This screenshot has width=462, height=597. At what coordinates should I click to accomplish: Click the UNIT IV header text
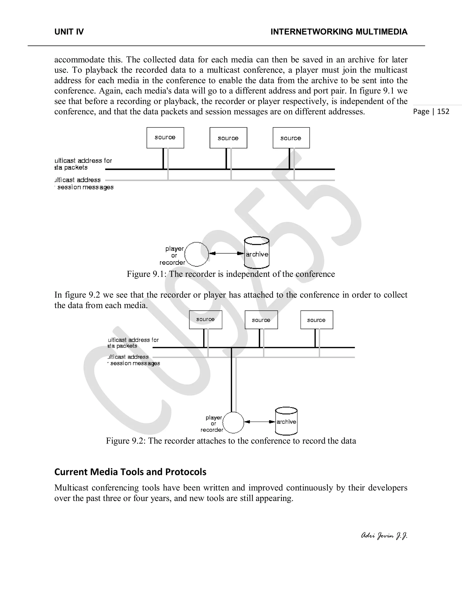tap(69, 32)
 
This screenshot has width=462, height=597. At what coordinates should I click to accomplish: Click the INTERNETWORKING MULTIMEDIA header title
tap(339, 32)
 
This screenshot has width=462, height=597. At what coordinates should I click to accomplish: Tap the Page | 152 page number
tap(431, 112)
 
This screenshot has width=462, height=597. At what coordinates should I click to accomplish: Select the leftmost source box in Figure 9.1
tap(165, 138)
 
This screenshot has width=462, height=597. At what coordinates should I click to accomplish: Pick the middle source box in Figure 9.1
tap(228, 138)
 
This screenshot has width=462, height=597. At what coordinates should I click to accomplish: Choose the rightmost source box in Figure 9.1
tap(291, 138)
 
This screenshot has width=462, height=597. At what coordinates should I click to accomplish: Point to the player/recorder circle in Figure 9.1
tap(196, 254)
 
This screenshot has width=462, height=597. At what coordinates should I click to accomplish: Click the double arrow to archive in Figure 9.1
tap(226, 253)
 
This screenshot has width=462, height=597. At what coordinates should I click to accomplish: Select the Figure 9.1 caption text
tap(231, 274)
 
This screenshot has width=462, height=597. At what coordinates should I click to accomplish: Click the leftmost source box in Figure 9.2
tap(206, 319)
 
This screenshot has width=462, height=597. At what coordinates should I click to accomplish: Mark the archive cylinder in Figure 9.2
tap(286, 422)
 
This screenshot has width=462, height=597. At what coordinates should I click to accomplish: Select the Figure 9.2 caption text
tap(231, 441)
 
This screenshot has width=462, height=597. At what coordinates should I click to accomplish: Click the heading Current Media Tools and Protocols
tap(130, 472)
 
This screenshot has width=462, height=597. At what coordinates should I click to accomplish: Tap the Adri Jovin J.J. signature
tap(384, 536)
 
